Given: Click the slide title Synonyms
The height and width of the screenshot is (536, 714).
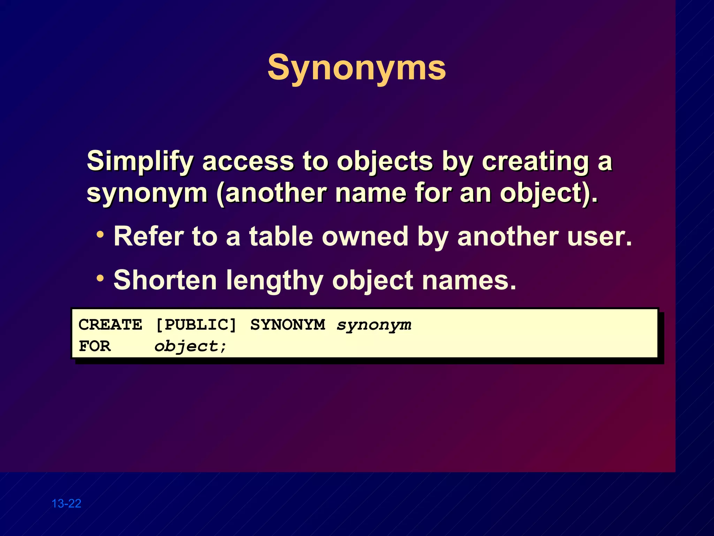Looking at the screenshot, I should pyautogui.click(x=356, y=68).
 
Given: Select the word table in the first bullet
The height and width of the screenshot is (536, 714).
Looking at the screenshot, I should pyautogui.click(x=281, y=237).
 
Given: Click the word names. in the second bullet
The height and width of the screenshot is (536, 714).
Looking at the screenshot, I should pyautogui.click(x=469, y=280).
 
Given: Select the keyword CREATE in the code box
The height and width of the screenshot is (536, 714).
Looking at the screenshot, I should pyautogui.click(x=110, y=325).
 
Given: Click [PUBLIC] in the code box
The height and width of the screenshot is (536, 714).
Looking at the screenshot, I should pyautogui.click(x=196, y=325).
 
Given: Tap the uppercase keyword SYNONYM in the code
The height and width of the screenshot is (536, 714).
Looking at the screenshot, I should pyautogui.click(x=288, y=325).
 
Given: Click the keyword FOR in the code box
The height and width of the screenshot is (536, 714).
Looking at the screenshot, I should pyautogui.click(x=94, y=346).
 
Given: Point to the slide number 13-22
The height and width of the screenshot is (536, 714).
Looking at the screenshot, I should pyautogui.click(x=66, y=504).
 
